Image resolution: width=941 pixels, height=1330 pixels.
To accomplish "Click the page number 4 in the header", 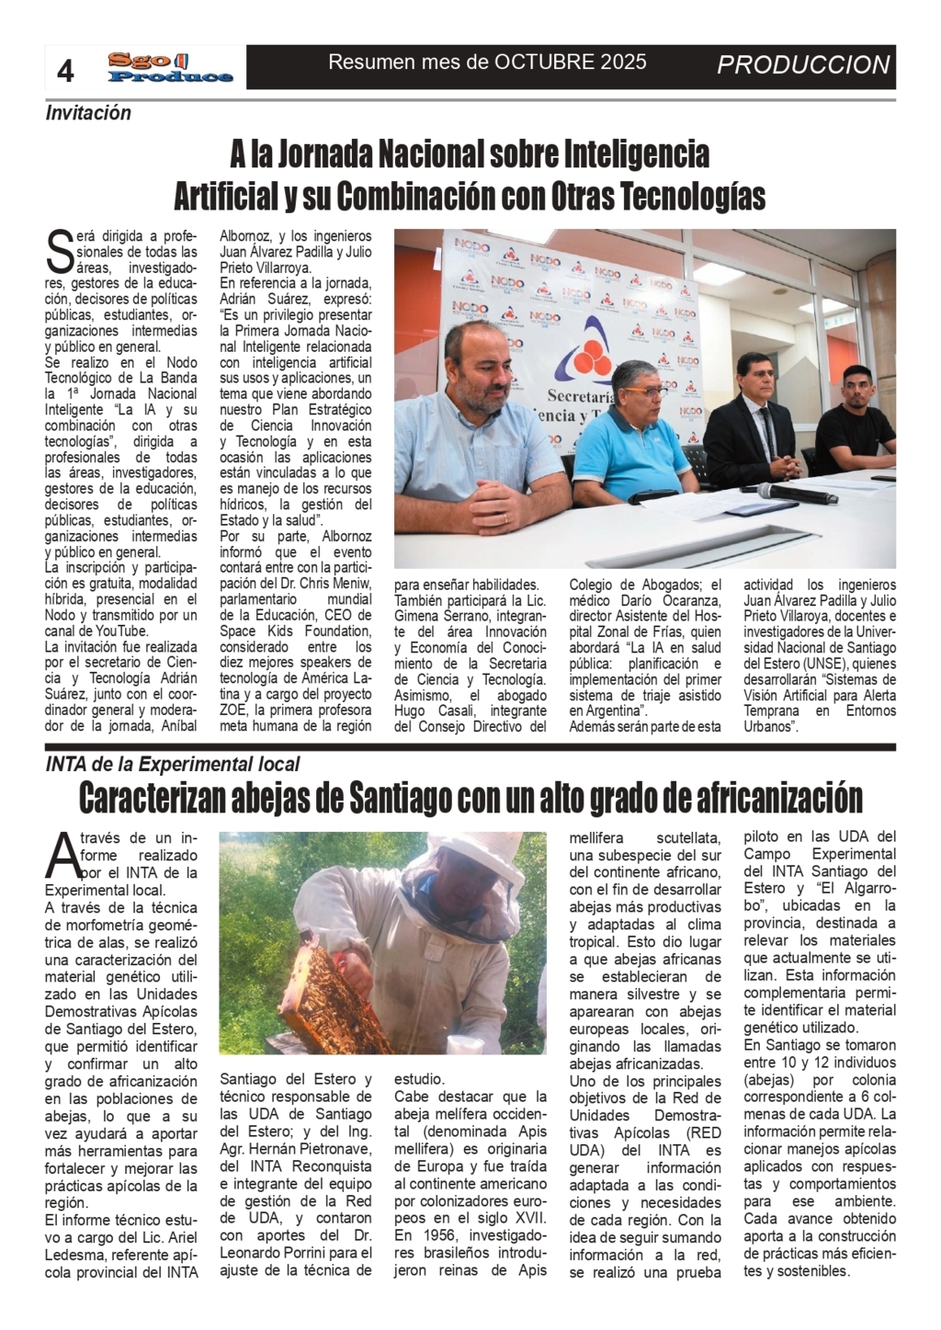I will (x=65, y=71).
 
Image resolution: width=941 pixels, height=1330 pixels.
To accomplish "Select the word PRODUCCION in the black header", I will (x=803, y=65).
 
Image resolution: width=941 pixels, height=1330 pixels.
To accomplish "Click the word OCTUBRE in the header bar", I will (x=542, y=63).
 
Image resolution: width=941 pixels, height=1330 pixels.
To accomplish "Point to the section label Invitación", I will (x=88, y=113).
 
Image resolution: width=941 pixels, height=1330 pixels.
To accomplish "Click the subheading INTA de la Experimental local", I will (x=173, y=764).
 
